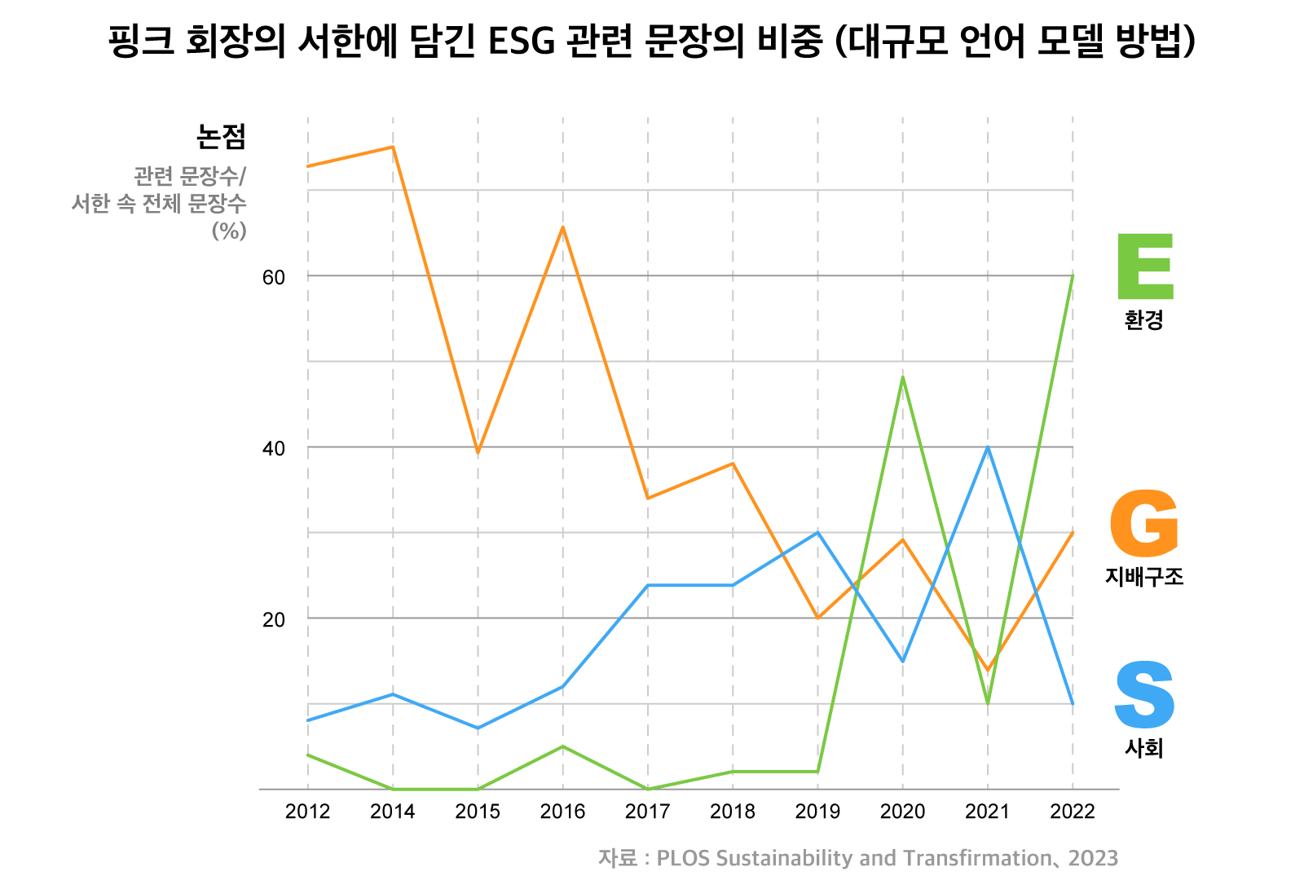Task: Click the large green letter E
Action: pos(1145,266)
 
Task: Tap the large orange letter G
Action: pos(1144,524)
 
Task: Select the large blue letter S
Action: pos(1144,695)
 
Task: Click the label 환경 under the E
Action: pos(1144,320)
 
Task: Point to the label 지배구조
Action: pos(1144,577)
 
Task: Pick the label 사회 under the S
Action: pos(1144,748)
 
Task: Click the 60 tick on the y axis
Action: pos(274,277)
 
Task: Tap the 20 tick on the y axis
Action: pos(274,619)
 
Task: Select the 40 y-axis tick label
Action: pos(274,448)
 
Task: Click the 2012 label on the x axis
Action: pos(308,812)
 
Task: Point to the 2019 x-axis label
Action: pos(817,812)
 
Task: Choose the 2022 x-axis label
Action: pos(1073,812)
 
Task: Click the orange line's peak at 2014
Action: pos(393,147)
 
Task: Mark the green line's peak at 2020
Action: pos(903,377)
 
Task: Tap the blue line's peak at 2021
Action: pos(988,447)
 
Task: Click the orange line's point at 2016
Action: pos(563,227)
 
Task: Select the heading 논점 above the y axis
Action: pos(221,136)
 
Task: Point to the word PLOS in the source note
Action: pos(683,858)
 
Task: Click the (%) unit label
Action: pos(229,231)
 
